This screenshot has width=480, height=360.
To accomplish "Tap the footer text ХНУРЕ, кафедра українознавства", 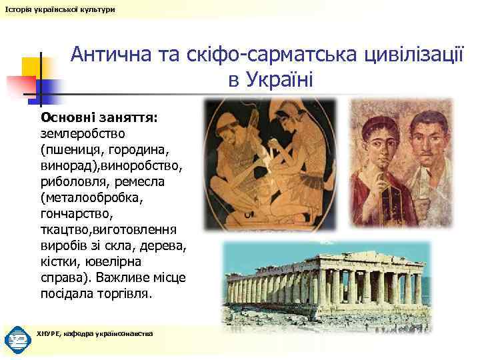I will [95, 333].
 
